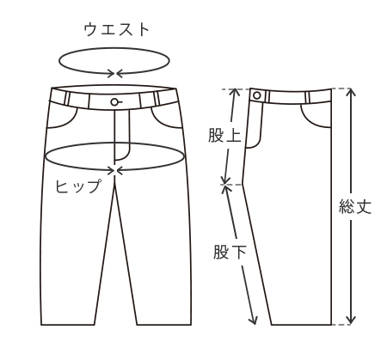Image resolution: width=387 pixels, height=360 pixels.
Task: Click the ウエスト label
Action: click(x=117, y=30)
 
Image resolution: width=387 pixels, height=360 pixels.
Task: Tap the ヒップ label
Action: click(x=78, y=186)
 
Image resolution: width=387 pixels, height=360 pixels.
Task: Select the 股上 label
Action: click(x=224, y=135)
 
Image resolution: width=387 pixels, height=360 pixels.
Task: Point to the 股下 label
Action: click(x=230, y=252)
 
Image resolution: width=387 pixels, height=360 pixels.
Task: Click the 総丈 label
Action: click(x=355, y=206)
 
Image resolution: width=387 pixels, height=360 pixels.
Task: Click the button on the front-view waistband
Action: click(x=115, y=101)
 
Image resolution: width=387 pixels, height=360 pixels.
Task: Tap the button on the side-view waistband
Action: click(x=257, y=95)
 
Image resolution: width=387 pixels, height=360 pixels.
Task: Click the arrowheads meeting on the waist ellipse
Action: click(x=115, y=73)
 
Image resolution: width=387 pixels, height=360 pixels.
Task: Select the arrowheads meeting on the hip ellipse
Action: click(x=115, y=170)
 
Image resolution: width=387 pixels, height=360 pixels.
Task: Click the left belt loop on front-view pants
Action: click(x=67, y=99)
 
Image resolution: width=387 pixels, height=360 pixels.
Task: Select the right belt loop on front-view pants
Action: click(x=157, y=99)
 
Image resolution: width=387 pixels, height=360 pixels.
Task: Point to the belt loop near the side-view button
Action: click(x=267, y=97)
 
